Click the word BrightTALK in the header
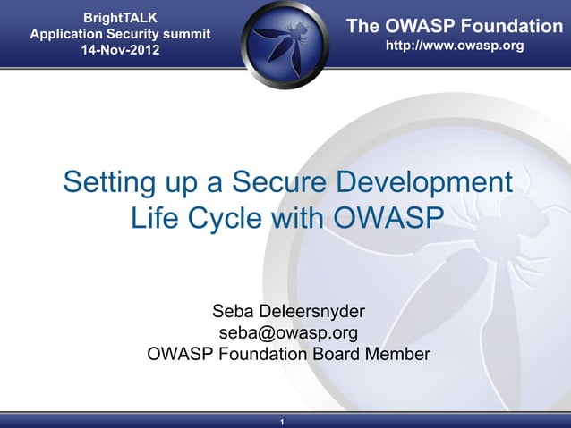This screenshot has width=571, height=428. [x=121, y=17]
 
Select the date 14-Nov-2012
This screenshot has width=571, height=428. [x=121, y=51]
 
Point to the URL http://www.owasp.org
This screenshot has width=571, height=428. [x=454, y=45]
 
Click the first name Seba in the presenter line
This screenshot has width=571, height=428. [x=234, y=312]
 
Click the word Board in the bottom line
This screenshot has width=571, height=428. [x=337, y=354]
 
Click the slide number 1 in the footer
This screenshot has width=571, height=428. [x=282, y=422]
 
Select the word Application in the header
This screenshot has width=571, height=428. [x=69, y=34]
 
